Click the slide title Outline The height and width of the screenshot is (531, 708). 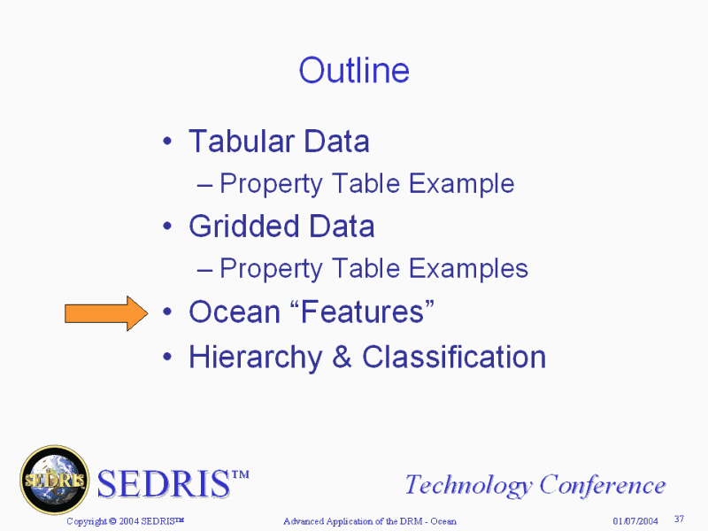pyautogui.click(x=354, y=71)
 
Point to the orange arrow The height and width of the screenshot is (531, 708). pyautogui.click(x=106, y=313)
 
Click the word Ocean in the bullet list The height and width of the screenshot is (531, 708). pyautogui.click(x=235, y=312)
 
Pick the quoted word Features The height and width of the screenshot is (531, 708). pyautogui.click(x=362, y=312)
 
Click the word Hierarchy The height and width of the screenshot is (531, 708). pyautogui.click(x=256, y=358)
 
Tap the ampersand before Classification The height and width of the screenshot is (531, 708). pyautogui.click(x=342, y=357)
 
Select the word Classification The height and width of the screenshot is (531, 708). pyautogui.click(x=454, y=357)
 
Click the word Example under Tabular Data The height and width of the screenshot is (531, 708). pyautogui.click(x=461, y=184)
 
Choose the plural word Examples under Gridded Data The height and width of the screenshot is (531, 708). pyautogui.click(x=468, y=269)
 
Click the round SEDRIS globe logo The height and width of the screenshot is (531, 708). pyautogui.click(x=55, y=480)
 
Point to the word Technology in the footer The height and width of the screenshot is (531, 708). pyautogui.click(x=469, y=485)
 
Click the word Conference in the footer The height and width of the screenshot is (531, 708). pyautogui.click(x=603, y=484)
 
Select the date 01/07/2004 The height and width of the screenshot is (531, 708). pyautogui.click(x=635, y=521)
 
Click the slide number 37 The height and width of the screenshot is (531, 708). pyautogui.click(x=679, y=519)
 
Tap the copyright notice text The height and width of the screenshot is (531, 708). pyautogui.click(x=125, y=521)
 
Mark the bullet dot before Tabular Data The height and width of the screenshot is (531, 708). pyautogui.click(x=167, y=142)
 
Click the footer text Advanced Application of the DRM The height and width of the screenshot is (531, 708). pyautogui.click(x=352, y=521)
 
